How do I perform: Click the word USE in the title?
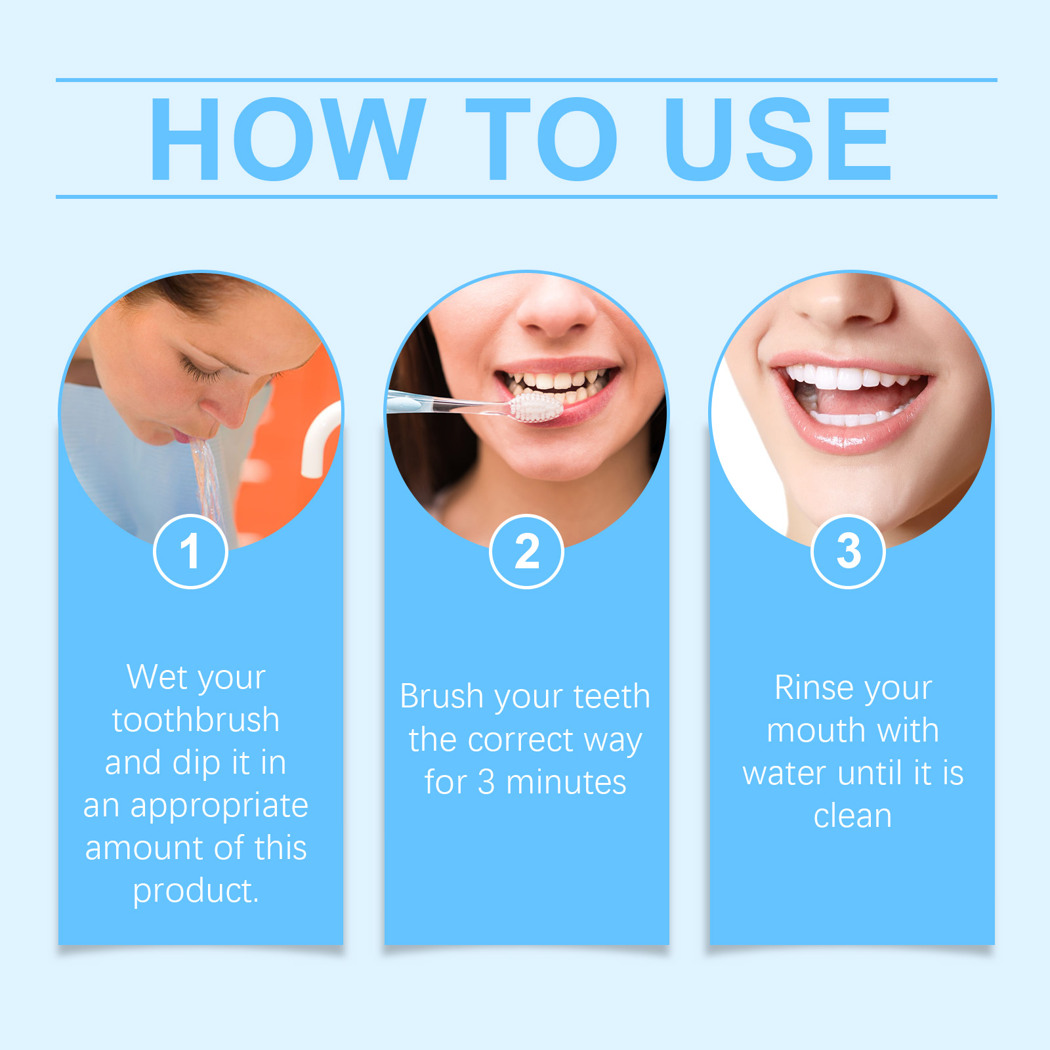(778, 138)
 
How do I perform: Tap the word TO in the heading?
(541, 138)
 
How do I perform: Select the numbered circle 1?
(190, 551)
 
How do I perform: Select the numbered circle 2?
(526, 551)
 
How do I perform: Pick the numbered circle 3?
(849, 551)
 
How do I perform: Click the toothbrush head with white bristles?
(536, 408)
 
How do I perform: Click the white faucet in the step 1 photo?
(320, 440)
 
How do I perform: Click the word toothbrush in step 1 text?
(196, 720)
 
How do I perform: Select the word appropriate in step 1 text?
(219, 807)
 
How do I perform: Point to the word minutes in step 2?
(566, 783)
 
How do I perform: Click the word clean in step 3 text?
(852, 816)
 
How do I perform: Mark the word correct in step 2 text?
(521, 740)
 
